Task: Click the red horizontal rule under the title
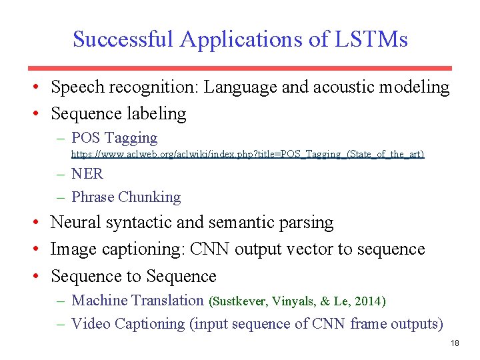point(240,68)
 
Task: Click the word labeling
point(159,113)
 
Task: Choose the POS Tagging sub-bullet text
point(114,138)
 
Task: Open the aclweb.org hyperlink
point(247,154)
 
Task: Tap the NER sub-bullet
point(87,173)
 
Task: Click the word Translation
point(169,300)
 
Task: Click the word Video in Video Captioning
point(91,324)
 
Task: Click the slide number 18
point(455,343)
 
